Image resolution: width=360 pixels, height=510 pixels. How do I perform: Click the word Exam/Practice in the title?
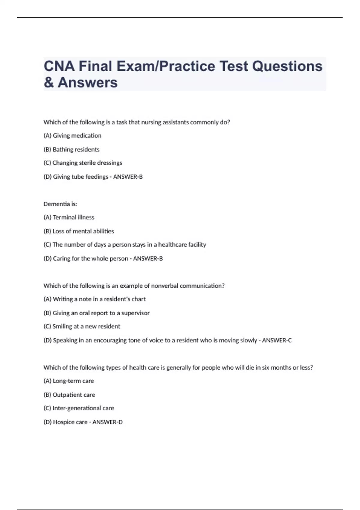(166, 66)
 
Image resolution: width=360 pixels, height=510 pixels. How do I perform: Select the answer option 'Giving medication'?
(72, 136)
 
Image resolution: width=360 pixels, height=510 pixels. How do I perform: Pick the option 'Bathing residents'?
(71, 149)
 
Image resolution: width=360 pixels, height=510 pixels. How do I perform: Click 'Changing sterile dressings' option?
(83, 163)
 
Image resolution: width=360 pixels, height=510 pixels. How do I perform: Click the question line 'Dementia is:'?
(60, 204)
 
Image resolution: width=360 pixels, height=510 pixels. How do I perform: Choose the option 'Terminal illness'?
(69, 217)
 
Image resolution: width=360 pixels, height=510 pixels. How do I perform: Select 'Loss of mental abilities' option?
(79, 231)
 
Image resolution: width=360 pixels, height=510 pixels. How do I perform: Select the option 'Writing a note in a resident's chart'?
(94, 299)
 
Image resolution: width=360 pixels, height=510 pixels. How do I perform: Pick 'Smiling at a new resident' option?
(82, 326)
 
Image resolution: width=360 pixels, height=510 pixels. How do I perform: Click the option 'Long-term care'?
(69, 381)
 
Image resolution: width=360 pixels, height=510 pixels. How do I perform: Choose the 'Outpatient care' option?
(69, 395)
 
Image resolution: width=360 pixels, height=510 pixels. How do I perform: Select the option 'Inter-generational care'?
(79, 408)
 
